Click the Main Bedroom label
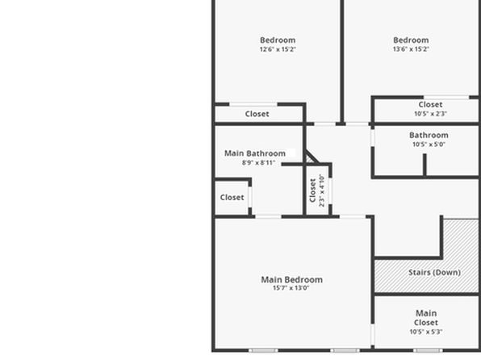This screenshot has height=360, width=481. coord(291,279)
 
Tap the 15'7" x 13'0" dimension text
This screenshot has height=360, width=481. coord(291,288)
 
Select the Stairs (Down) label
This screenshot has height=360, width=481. coord(434,272)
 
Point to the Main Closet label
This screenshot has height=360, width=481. coord(426,318)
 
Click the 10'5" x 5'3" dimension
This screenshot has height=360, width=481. coord(426,332)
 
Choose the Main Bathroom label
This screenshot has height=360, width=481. coord(255,153)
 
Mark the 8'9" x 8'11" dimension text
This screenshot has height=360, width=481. coord(258,163)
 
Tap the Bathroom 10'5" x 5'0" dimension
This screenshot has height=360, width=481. coord(429,144)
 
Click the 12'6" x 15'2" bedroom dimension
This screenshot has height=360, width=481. coord(278,49)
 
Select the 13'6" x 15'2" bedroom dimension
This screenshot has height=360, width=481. coord(411,48)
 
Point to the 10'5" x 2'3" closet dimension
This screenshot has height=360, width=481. coord(430,114)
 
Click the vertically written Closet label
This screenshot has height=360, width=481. coord(312,190)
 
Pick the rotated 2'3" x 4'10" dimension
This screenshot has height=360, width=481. coord(321,190)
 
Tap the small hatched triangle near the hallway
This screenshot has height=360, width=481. coord(309,159)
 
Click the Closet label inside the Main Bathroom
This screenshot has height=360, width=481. coord(232,197)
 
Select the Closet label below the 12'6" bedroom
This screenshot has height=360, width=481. coord(257,114)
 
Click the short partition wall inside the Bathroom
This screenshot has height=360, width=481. coord(425,165)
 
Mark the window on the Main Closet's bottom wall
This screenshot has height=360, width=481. coord(428,350)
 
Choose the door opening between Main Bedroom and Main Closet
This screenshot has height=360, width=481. coord(373,334)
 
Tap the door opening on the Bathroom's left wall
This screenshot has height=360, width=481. coord(373,138)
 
